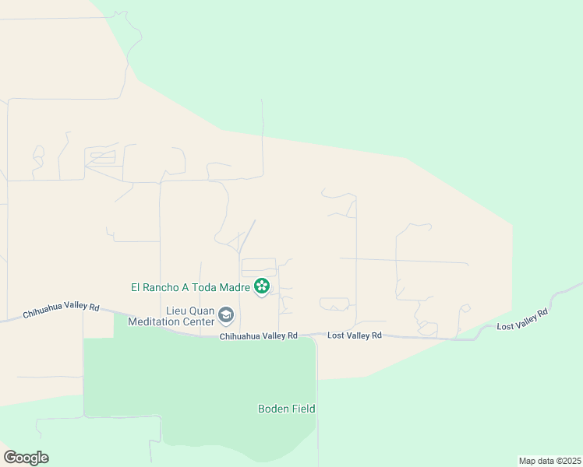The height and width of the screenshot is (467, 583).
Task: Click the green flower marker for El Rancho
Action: tap(262, 287)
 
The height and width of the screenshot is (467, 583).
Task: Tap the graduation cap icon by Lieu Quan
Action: tap(226, 315)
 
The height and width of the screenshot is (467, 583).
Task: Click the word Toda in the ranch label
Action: tap(205, 287)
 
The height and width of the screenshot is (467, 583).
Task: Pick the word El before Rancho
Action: tap(136, 287)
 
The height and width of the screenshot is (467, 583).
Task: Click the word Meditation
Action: tap(157, 321)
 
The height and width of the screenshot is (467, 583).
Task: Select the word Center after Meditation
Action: tap(199, 321)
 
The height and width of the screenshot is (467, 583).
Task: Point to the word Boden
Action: tap(274, 409)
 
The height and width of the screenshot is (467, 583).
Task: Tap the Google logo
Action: tap(26, 458)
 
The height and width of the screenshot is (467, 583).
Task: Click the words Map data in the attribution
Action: tap(535, 461)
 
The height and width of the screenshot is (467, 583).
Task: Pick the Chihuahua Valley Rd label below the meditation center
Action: tap(259, 336)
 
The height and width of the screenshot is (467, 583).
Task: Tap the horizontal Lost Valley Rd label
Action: tap(355, 335)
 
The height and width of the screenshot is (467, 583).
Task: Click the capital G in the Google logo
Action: tap(10, 457)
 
